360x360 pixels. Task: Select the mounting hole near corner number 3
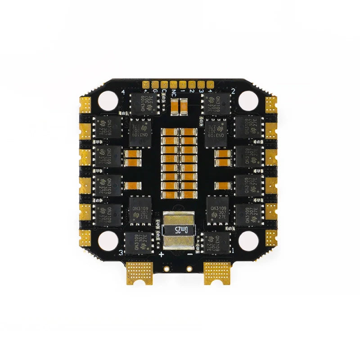click(108, 241)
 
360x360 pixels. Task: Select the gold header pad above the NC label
click(173, 84)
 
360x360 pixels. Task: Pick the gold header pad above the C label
click(164, 84)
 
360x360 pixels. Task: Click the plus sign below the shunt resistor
click(161, 254)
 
